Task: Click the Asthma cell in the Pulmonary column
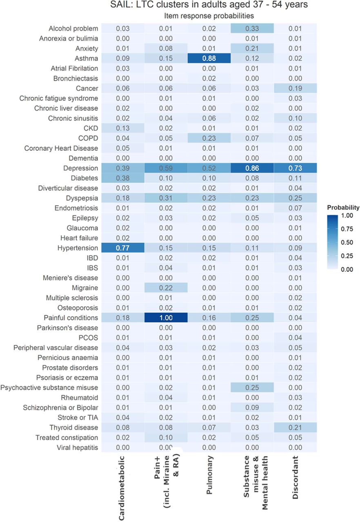[209, 58]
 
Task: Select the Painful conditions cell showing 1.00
[166, 318]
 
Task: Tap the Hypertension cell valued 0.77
[122, 248]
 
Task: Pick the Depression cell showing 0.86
[252, 168]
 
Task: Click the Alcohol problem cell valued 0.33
[252, 29]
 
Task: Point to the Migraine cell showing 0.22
[166, 288]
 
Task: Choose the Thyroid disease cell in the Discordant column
[295, 427]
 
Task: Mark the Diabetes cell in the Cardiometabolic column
[122, 178]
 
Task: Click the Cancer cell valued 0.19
[295, 88]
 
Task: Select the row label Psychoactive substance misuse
[49, 387]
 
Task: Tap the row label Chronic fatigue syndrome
[58, 98]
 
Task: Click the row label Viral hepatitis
[78, 447]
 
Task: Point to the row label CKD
[91, 128]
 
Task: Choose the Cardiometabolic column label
[122, 488]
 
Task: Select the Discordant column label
[295, 478]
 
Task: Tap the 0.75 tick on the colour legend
[347, 229]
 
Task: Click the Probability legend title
[343, 208]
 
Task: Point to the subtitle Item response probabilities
[209, 16]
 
